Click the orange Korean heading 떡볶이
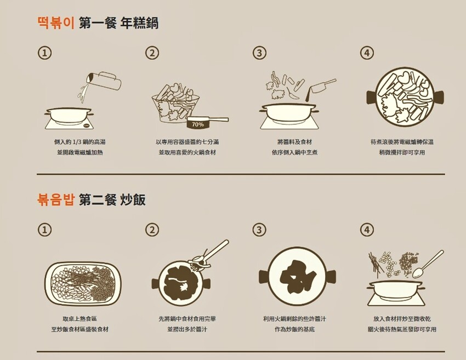pos(56,23)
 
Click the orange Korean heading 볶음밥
pos(55,199)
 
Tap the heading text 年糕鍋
pos(139,23)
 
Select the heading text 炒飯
pos(133,199)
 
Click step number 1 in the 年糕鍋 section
pos(44,53)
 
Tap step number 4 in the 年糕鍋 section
pos(367,53)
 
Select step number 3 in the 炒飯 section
pos(259,230)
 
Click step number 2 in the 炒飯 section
pos(152,230)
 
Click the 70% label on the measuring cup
pos(198,124)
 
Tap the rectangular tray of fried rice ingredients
pos(83,284)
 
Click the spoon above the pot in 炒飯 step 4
pos(428,264)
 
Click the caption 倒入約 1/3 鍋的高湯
pos(79,142)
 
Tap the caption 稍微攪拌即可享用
pos(402,152)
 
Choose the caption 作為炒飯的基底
pos(294,329)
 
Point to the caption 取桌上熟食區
pos(79,319)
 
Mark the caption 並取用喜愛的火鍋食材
pos(187,152)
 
